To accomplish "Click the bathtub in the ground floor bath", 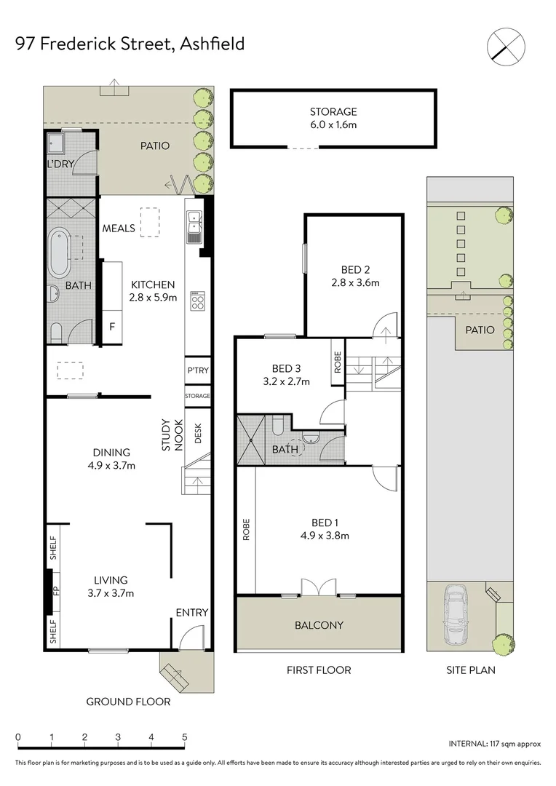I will [59, 252].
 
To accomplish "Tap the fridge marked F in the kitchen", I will [112, 327].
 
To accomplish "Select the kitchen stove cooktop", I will [196, 301].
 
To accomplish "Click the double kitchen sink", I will [194, 225].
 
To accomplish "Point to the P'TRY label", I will [197, 371].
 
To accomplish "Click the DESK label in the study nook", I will [198, 434].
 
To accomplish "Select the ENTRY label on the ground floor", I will [192, 613].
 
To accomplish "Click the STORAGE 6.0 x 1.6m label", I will [333, 118].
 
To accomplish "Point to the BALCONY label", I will [319, 624].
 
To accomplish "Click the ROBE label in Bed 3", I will [338, 362].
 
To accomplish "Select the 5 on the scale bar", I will [185, 737].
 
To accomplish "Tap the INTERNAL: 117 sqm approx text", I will [495, 744].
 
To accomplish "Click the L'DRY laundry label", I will [60, 164].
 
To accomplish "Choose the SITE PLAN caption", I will [471, 670].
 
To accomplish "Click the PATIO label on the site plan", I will [480, 330].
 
